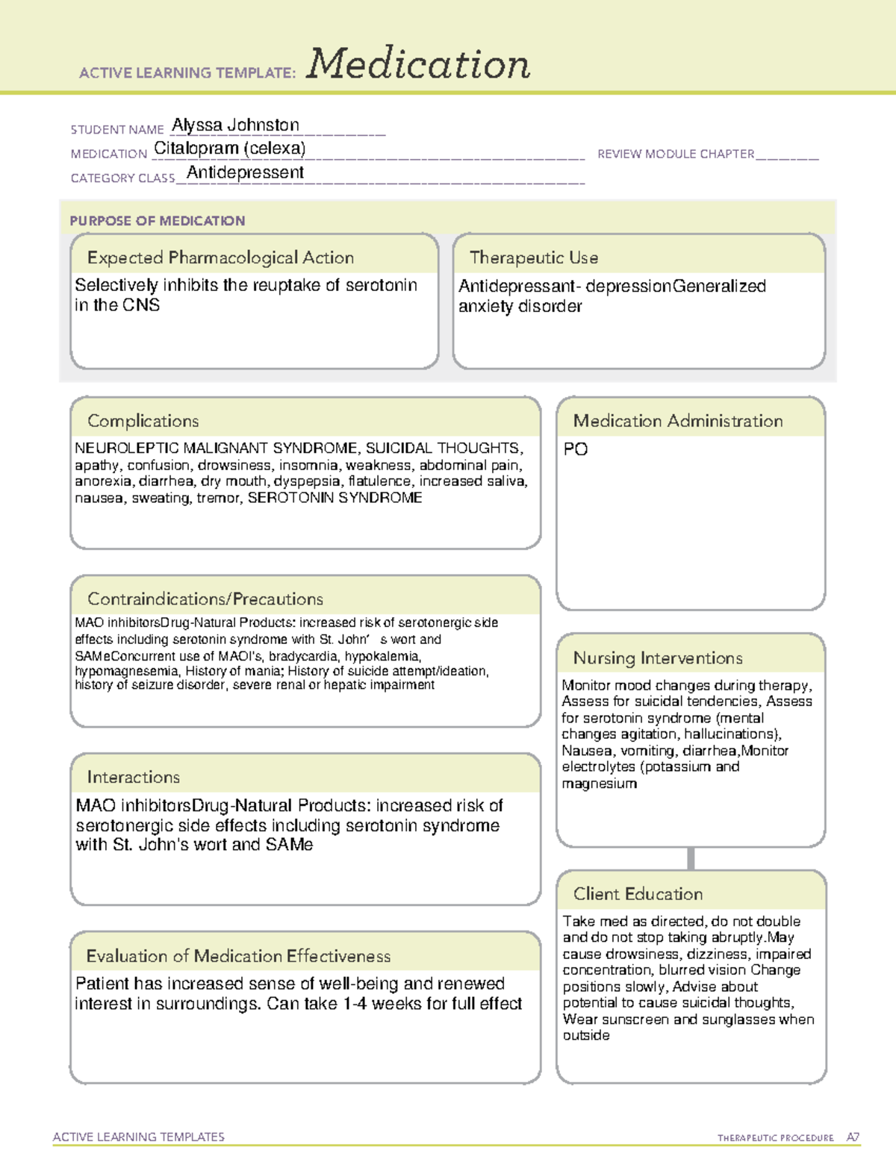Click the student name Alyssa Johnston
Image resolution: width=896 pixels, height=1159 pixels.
(235, 125)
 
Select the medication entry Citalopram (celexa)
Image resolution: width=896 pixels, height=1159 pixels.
(230, 149)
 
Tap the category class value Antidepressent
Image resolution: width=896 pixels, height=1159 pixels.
(245, 172)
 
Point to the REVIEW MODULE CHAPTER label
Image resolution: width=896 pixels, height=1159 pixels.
(676, 154)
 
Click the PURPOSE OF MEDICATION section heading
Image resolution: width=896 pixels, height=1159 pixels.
(158, 221)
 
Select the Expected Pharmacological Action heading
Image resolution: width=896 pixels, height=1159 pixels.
(220, 257)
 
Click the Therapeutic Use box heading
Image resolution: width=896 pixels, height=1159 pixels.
(534, 257)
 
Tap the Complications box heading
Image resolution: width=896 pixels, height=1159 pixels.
(143, 421)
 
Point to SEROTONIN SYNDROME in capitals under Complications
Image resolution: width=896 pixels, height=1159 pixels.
(335, 498)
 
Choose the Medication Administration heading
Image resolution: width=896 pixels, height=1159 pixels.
(678, 421)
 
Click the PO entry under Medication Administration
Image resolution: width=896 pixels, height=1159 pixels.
(576, 449)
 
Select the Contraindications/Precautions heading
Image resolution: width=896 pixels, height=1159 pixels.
(205, 599)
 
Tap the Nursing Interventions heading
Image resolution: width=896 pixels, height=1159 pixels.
(658, 658)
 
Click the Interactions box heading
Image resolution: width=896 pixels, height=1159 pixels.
(134, 777)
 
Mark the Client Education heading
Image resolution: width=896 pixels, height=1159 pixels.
(638, 894)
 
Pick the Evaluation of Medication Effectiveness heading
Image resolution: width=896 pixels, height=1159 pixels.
(238, 956)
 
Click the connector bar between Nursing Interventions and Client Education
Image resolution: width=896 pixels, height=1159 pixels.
(691, 858)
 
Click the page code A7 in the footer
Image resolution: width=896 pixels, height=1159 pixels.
(853, 1137)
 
